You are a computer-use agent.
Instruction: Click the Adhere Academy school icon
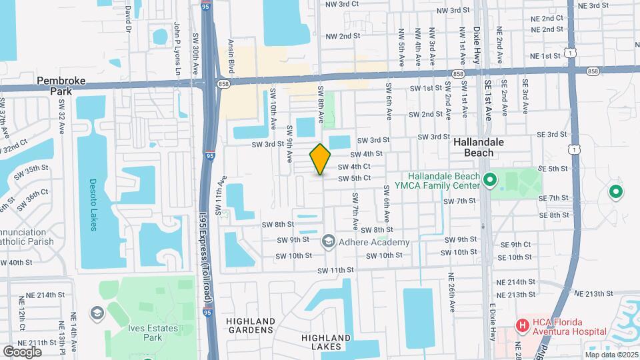tap(328, 241)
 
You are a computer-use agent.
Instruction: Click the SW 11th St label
tap(335, 270)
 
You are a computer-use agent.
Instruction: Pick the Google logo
tap(22, 351)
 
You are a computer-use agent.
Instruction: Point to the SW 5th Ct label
tap(354, 178)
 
